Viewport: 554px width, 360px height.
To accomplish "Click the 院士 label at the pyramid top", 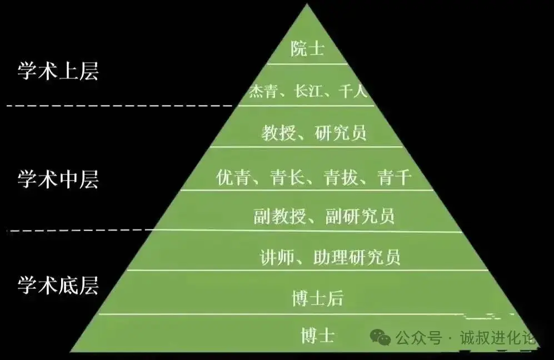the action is [x=307, y=48].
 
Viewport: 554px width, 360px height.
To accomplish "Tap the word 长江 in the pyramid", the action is [x=308, y=91].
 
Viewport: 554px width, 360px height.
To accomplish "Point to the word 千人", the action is [x=353, y=91].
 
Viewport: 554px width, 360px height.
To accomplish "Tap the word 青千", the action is [x=395, y=177].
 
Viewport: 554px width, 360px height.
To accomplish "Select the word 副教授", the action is [x=280, y=216].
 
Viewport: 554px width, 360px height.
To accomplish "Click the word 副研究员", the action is [x=360, y=216].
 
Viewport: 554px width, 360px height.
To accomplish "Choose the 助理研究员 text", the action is [x=357, y=257].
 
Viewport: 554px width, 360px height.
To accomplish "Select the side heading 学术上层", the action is [x=58, y=71].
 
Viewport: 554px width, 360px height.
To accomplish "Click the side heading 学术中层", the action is [x=58, y=179].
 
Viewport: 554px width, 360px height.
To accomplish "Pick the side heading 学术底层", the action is [x=58, y=286].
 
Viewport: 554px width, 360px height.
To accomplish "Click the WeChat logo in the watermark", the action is [x=380, y=337].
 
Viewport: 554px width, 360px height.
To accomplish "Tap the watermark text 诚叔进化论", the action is [x=498, y=338].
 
